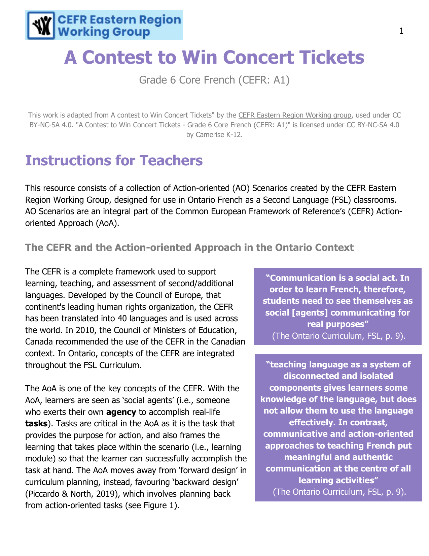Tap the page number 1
(401, 31)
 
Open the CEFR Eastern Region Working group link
(295, 115)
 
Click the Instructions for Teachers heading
(114, 160)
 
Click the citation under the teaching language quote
(339, 492)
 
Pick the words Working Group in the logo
(104, 32)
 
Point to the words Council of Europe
(161, 295)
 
